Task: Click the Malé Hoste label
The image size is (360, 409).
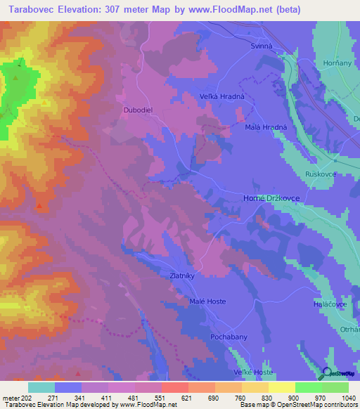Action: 207,301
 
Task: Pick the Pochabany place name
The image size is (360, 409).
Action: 229,337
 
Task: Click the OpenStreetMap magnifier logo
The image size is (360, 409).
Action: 326,373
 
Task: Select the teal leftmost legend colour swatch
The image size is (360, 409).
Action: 41,387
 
